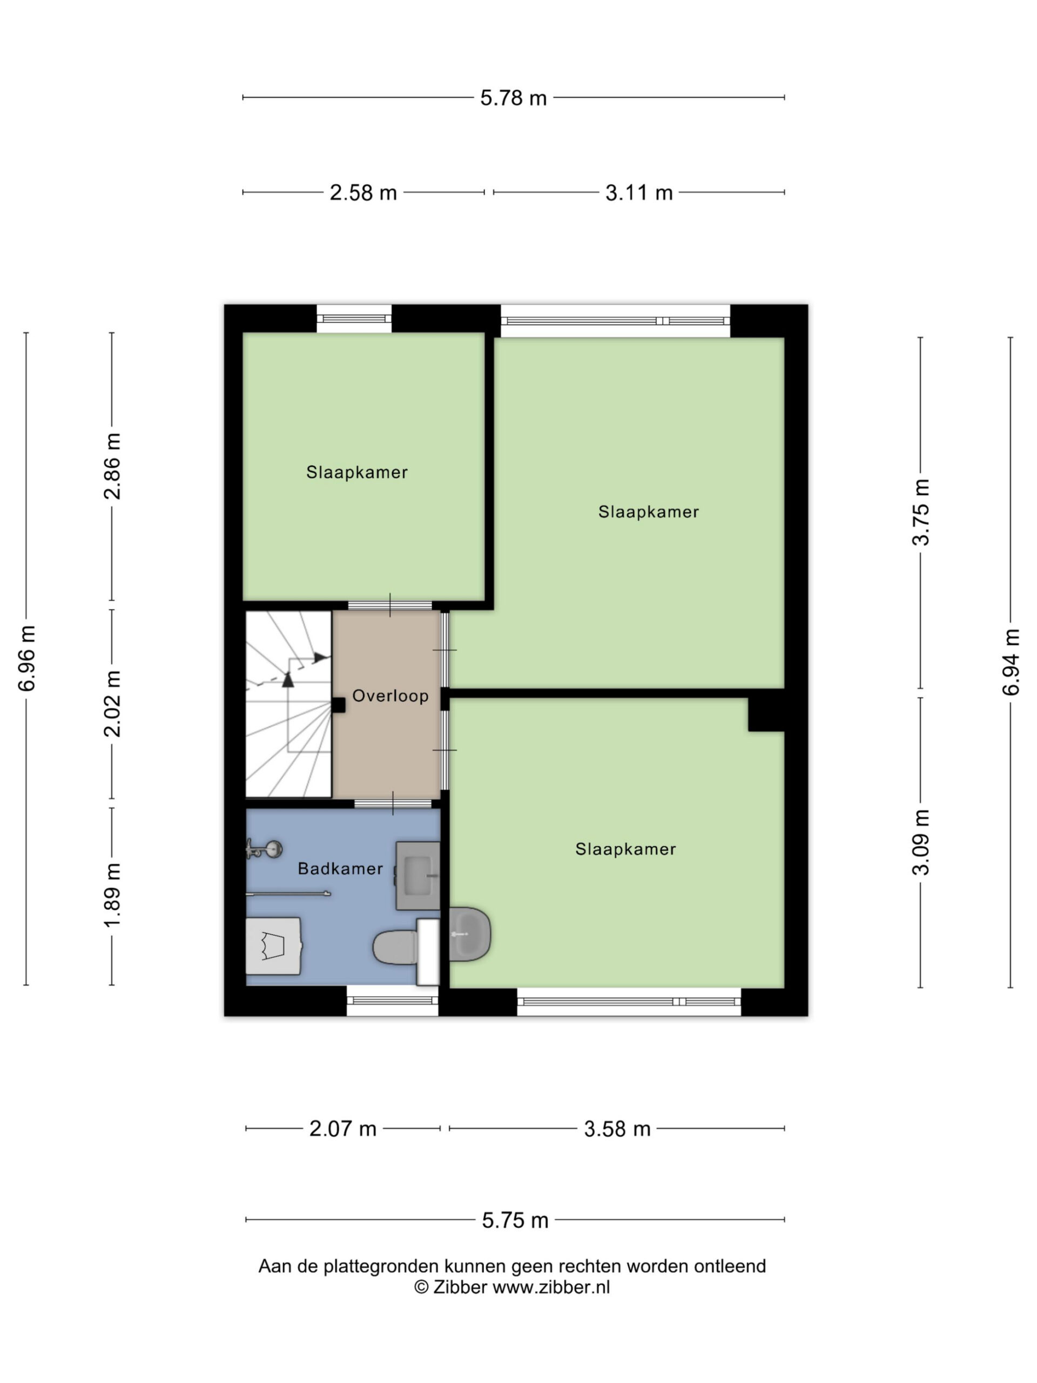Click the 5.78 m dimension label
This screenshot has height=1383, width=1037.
tap(513, 98)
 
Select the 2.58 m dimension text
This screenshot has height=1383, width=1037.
tap(363, 192)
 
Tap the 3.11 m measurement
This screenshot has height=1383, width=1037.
tap(639, 192)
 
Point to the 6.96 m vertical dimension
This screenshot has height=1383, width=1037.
tap(27, 658)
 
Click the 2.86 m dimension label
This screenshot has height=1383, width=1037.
tap(112, 466)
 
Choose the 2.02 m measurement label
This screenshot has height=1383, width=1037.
tap(112, 703)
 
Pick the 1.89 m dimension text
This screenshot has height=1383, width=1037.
tap(112, 895)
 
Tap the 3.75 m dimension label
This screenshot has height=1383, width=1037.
tap(921, 512)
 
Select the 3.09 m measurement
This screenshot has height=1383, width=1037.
tap(921, 842)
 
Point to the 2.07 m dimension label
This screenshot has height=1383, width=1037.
tap(342, 1129)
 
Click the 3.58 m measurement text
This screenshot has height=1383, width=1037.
tap(617, 1129)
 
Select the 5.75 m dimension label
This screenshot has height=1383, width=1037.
tap(515, 1220)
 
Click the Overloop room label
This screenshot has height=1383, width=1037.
tap(390, 696)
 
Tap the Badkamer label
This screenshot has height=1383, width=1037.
tap(340, 869)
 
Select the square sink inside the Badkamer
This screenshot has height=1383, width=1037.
tap(418, 875)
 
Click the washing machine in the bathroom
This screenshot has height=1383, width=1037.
tap(273, 946)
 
